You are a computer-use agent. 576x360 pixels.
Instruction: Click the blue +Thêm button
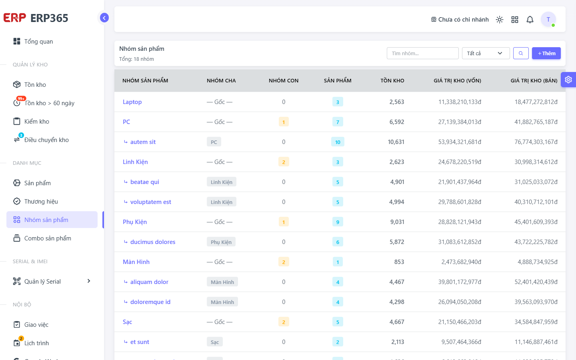pyautogui.click(x=546, y=53)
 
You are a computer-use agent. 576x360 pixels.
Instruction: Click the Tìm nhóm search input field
pyautogui.click(x=422, y=53)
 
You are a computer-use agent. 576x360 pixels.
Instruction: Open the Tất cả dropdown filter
pyautogui.click(x=486, y=53)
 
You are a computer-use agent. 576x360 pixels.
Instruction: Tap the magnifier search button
pyautogui.click(x=521, y=53)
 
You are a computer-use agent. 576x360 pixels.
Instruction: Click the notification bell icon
pyautogui.click(x=530, y=20)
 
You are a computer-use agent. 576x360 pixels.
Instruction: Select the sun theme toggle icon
pyautogui.click(x=500, y=20)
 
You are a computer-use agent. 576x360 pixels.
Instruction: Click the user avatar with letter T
pyautogui.click(x=548, y=19)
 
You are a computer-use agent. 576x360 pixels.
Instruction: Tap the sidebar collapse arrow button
pyautogui.click(x=104, y=18)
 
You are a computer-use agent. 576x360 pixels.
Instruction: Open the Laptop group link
pyautogui.click(x=132, y=102)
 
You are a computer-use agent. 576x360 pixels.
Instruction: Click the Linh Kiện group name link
pyautogui.click(x=135, y=162)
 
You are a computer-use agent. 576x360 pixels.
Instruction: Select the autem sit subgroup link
pyautogui.click(x=143, y=142)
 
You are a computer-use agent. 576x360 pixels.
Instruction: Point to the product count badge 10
pyautogui.click(x=338, y=142)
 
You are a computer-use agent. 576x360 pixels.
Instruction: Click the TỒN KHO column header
pyautogui.click(x=392, y=80)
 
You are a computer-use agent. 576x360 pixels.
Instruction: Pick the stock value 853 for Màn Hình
pyautogui.click(x=399, y=262)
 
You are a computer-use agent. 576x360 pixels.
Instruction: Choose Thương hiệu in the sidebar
pyautogui.click(x=41, y=201)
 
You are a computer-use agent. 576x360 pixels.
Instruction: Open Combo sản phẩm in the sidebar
pyautogui.click(x=48, y=238)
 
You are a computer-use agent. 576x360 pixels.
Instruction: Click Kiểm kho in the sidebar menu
pyautogui.click(x=37, y=121)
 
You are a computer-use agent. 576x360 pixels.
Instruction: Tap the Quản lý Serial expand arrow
pyautogui.click(x=89, y=281)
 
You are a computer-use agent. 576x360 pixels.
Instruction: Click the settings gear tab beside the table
pyautogui.click(x=568, y=80)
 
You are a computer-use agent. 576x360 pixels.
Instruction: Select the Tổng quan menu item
pyautogui.click(x=38, y=42)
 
